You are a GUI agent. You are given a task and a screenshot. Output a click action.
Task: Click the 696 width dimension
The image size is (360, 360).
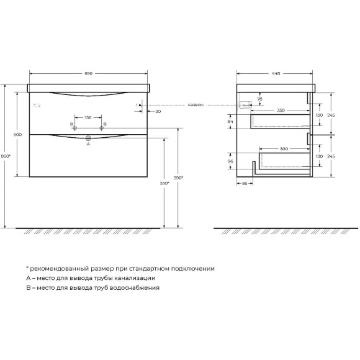[x=88, y=73]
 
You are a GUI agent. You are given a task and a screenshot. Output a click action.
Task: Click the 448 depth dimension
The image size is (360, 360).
[x=276, y=73]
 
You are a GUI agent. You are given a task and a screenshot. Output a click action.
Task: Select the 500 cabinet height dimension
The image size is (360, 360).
[x=17, y=135]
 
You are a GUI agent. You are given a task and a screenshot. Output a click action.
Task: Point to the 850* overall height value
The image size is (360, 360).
[x=6, y=156]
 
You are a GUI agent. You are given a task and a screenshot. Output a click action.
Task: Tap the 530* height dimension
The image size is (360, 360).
[x=164, y=183]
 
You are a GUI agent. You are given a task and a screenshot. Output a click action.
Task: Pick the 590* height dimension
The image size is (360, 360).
[x=178, y=178]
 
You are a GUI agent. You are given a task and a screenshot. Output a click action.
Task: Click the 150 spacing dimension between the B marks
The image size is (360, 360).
[x=88, y=117]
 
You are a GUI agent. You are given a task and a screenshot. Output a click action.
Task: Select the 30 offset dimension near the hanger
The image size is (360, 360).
[x=158, y=111]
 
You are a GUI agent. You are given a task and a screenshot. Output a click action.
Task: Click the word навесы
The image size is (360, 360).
[x=196, y=105]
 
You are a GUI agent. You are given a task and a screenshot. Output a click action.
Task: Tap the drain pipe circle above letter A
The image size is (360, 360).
[x=88, y=138]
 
